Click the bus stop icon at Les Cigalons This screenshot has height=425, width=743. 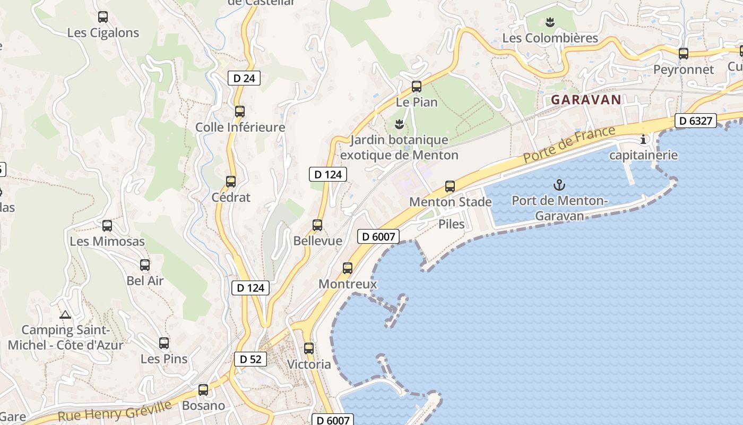pos(103,17)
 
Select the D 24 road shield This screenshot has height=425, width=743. pos(244,78)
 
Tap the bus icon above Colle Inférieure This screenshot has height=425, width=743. pos(240,112)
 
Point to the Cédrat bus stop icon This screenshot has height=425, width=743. pos(231,182)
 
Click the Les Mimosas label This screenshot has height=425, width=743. pos(107,241)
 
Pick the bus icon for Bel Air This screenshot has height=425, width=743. pos(145,265)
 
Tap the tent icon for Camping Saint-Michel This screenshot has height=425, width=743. pos(65,314)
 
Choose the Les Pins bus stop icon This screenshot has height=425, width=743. pos(164,343)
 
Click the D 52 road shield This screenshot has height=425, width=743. pos(250,359)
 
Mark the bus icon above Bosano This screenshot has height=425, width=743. pos(203,390)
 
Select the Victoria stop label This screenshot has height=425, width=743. pos(309,364)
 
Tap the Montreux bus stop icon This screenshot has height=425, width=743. pos(348,268)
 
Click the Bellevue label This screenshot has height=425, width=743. pos(318,241)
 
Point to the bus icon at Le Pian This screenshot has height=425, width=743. pos(417,87)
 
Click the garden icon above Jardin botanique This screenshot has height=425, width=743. pos(399,124)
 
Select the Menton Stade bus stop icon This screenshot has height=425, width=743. pos(450,186)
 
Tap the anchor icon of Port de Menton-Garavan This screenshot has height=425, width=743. pos(559,185)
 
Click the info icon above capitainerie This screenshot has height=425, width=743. pos(644,140)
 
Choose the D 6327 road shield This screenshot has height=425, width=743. pos(696,121)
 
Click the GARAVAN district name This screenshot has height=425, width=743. pos(586,99)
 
